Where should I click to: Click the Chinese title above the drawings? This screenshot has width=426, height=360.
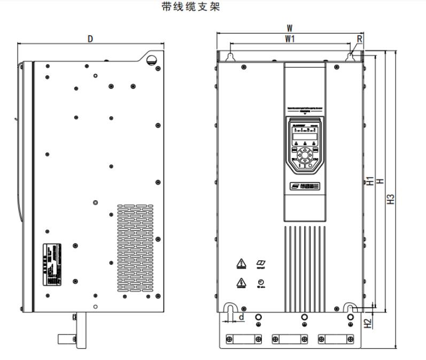click(x=183, y=7)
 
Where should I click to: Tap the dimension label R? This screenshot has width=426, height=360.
click(x=359, y=38)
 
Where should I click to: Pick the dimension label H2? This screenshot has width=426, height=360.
click(x=368, y=323)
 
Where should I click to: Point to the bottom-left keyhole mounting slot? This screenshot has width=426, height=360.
click(x=230, y=310)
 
